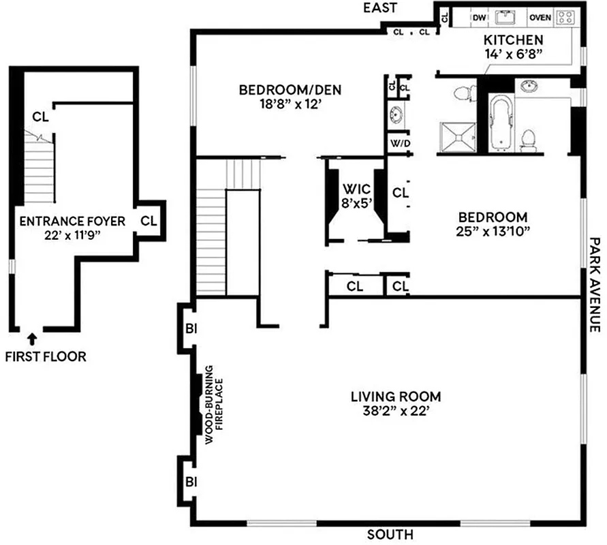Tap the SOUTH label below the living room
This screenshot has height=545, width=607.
(390, 535)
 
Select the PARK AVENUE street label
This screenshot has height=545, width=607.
(595, 284)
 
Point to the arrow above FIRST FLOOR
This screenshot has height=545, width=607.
(31, 336)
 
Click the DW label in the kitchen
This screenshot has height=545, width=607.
(480, 18)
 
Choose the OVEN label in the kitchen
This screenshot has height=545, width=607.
(540, 18)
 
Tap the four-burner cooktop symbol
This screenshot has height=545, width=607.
(565, 18)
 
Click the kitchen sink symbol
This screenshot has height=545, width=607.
(506, 17)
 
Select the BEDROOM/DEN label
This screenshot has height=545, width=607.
(290, 90)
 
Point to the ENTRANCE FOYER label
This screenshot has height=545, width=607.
(72, 221)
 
